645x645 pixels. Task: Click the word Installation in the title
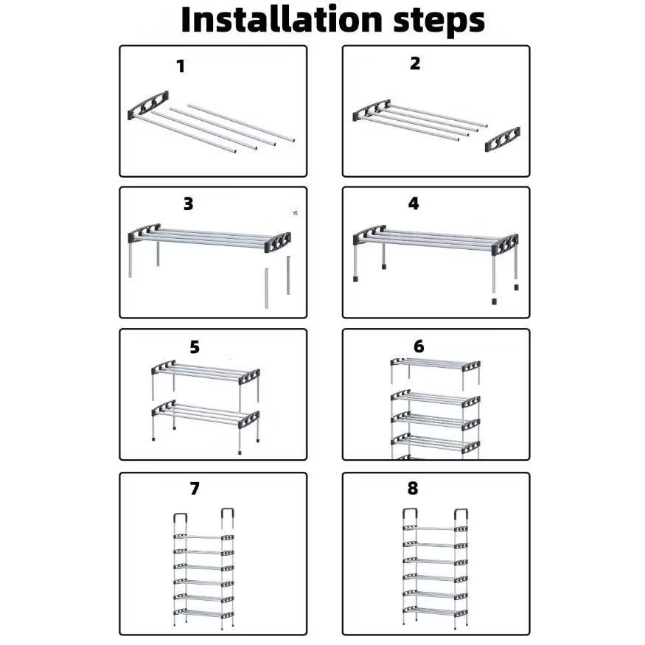282,20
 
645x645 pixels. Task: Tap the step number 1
181,66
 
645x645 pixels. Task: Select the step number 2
415,63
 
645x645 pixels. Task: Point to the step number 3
189,203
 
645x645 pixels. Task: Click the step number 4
414,203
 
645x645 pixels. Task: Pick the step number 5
195,347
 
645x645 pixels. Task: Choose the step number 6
419,346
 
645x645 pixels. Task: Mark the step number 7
195,488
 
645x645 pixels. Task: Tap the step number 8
413,488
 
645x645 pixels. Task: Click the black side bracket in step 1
148,105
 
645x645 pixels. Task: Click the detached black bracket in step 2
502,139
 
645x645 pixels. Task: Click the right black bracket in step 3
278,243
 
